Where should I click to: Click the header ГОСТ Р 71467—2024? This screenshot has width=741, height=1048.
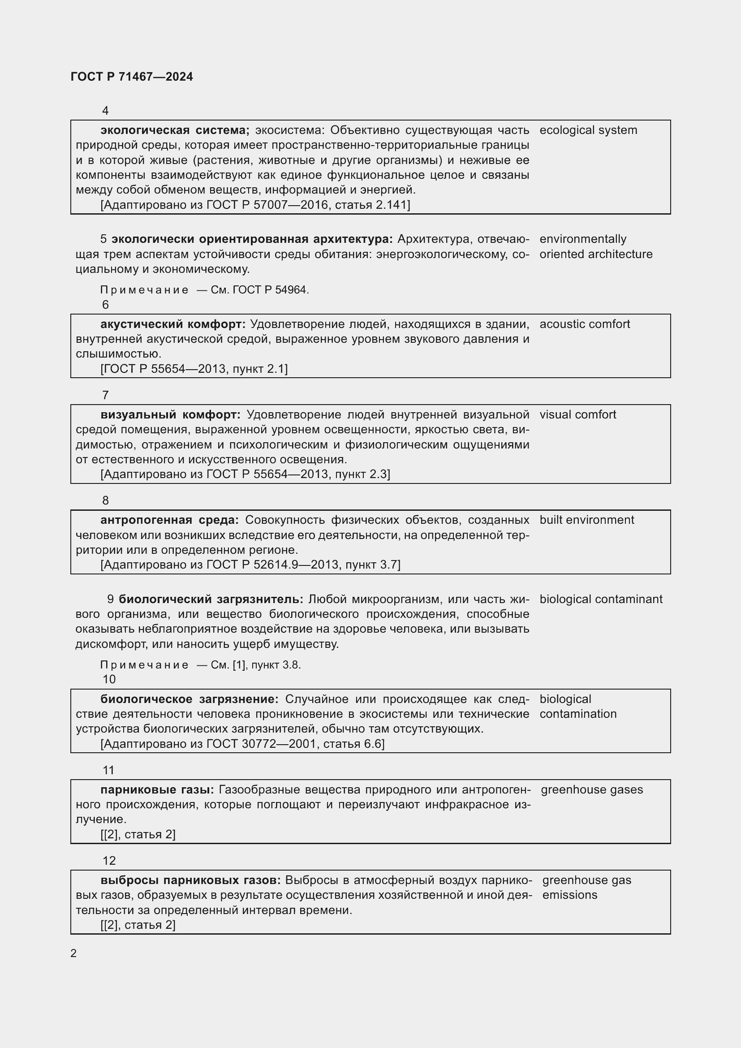pyautogui.click(x=131, y=77)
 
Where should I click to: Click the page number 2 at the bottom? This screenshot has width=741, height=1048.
pyautogui.click(x=73, y=953)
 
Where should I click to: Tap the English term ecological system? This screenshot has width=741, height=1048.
pyautogui.click(x=588, y=130)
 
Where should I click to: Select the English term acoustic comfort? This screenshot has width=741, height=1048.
pyautogui.click(x=585, y=324)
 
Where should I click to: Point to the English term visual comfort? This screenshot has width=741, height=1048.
pyautogui.click(x=577, y=414)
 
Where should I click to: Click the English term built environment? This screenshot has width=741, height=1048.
pyautogui.click(x=587, y=520)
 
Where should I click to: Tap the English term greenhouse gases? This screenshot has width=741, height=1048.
pyautogui.click(x=592, y=789)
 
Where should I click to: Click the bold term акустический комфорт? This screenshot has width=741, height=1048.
pyautogui.click(x=172, y=324)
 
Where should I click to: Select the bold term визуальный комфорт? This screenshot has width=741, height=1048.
pyautogui.click(x=170, y=414)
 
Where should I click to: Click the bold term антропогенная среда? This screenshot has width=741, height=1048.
pyautogui.click(x=169, y=520)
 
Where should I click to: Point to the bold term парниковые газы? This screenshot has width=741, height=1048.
pyautogui.click(x=157, y=789)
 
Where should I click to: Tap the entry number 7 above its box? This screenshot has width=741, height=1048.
pyautogui.click(x=105, y=395)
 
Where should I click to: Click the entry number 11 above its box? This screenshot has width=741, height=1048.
pyautogui.click(x=108, y=770)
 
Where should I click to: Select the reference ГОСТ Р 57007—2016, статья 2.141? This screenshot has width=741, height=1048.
pyautogui.click(x=255, y=205)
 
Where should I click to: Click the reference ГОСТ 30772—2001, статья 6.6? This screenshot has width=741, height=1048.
pyautogui.click(x=243, y=744)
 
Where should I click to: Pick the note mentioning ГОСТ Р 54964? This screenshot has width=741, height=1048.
pyautogui.click(x=204, y=290)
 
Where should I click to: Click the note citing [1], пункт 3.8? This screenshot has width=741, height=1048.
pyautogui.click(x=200, y=665)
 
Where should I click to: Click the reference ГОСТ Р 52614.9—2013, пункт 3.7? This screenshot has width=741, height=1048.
pyautogui.click(x=250, y=565)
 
